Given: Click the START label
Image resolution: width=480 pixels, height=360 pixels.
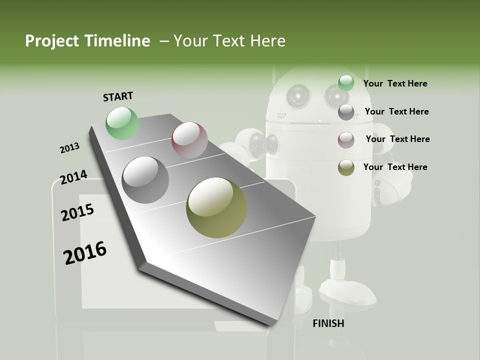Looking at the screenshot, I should tap(118, 96).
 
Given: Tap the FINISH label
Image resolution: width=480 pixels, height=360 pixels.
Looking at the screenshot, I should tap(328, 323).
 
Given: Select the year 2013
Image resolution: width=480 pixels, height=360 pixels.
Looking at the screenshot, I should tap(69, 148).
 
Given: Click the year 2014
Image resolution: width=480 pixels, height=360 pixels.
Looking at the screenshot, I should tap(73, 177).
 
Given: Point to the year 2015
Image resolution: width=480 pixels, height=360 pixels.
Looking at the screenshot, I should tap(77, 212).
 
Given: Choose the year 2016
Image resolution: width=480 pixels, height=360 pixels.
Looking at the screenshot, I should tap(85, 253).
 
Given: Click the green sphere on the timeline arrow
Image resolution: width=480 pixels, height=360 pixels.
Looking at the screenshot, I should tap(122, 123).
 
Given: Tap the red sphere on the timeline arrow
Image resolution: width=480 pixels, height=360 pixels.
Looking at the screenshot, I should tap(189, 140).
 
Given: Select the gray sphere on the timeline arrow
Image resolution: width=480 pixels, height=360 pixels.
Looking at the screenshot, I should tap(145, 180).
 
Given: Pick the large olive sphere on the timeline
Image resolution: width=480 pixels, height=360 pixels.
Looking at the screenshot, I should tap(216, 207).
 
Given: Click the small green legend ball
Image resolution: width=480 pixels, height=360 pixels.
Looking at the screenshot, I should tap(346, 83).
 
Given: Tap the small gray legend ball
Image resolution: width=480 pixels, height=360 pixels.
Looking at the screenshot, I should tap(346, 112).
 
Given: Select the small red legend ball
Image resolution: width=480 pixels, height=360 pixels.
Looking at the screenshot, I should tap(346, 140).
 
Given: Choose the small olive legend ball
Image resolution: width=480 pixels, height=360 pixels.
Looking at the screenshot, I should tap(346, 167).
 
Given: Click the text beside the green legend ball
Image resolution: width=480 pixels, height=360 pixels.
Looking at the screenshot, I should tap(395, 83).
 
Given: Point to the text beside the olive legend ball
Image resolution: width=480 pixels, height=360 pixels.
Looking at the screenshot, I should tap(395, 167).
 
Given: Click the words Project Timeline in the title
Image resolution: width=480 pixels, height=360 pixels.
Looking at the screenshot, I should tap(87, 41).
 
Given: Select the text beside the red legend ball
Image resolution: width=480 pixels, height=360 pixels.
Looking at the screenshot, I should tap(397, 139).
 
